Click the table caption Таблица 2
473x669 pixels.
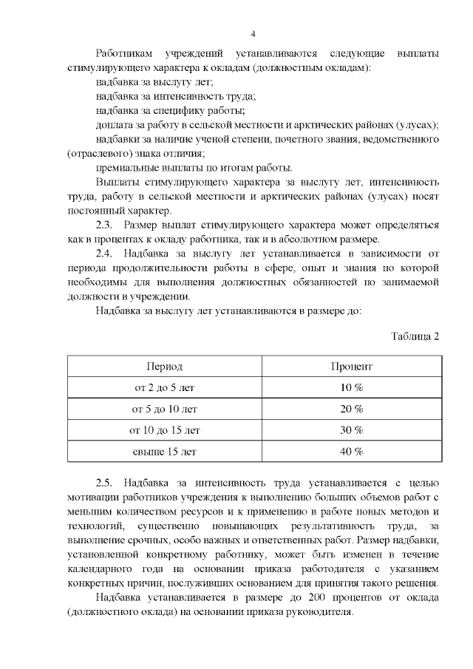[x=415, y=336]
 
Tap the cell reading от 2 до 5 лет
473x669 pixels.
[x=164, y=387]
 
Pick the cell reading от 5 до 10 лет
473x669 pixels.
[x=164, y=409]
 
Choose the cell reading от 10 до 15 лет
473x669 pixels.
[x=164, y=429]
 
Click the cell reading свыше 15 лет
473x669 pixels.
[x=164, y=451]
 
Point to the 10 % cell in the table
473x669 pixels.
[x=351, y=387]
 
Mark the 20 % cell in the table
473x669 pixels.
[x=351, y=409]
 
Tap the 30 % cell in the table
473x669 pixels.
[x=351, y=429]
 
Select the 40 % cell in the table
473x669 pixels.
[x=351, y=451]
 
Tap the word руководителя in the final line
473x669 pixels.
[x=319, y=612]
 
